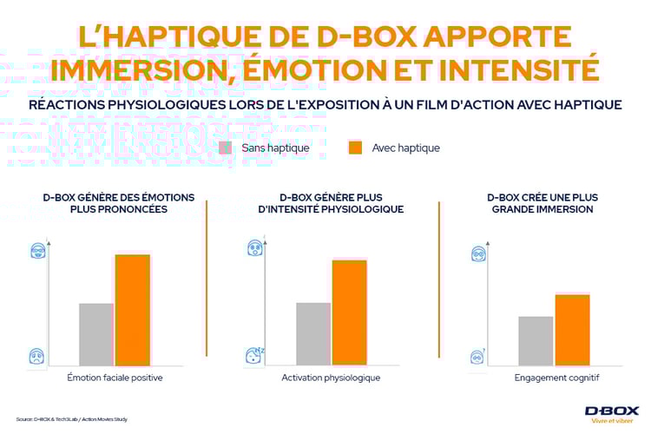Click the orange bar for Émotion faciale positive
[x=132, y=309]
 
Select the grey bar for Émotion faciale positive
[x=96, y=334]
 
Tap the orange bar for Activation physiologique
[x=349, y=312]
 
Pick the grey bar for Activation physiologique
[x=313, y=333]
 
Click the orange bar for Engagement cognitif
[x=572, y=330]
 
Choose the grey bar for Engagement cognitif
[x=536, y=340]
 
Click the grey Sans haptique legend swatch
[x=226, y=148]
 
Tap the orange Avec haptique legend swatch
[x=355, y=148]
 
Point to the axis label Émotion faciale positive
[x=115, y=378]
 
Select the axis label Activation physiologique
[x=331, y=378]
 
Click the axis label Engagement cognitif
[x=556, y=378]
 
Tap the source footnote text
[x=72, y=419]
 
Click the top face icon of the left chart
[x=36, y=252]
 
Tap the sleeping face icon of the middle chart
[x=254, y=354]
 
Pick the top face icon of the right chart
[x=478, y=253]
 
